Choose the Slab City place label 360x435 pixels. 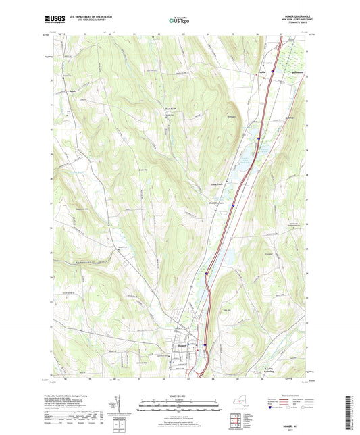[x=291, y=116]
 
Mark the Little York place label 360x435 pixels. [x=214, y=183]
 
